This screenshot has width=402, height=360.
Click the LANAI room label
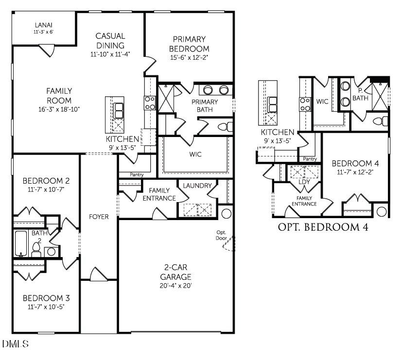[x=43, y=25]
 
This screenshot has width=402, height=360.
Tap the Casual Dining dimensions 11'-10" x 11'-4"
[x=110, y=54]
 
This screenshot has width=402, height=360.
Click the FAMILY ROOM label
[x=59, y=96]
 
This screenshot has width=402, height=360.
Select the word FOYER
[x=99, y=217]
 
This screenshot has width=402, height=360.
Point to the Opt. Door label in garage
[x=222, y=235]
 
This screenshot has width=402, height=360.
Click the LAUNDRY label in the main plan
[x=197, y=186]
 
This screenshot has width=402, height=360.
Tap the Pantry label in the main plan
[x=136, y=174]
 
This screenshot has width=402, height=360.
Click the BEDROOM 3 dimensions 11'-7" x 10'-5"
[x=46, y=307]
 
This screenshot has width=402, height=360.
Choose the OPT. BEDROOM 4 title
[x=322, y=227]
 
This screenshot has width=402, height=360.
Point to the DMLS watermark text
[x=15, y=344]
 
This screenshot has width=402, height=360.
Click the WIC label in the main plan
[x=195, y=154]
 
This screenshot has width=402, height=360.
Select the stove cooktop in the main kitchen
[x=149, y=103]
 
